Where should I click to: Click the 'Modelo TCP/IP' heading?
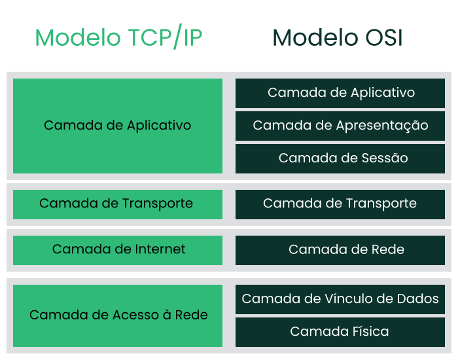[x=118, y=37]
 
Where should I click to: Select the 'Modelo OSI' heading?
[x=338, y=38]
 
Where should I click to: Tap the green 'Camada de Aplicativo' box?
[x=118, y=126]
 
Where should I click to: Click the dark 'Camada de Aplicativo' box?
[x=340, y=93]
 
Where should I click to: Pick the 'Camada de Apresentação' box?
[x=340, y=126]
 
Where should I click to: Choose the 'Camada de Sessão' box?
[x=340, y=158]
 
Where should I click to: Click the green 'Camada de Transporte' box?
[x=118, y=204]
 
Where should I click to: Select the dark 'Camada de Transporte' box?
[x=340, y=204]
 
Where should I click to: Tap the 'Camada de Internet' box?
[x=118, y=251]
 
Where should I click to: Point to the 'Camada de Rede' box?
[x=340, y=251]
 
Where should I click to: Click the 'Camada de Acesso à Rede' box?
[x=118, y=316]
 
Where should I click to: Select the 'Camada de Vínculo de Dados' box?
[x=340, y=300]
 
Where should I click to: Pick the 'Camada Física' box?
[x=340, y=333]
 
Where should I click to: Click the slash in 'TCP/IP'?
[x=177, y=37]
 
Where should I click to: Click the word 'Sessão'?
[x=385, y=158]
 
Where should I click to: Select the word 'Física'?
[x=371, y=331]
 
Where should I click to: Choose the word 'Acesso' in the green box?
[x=136, y=315]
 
